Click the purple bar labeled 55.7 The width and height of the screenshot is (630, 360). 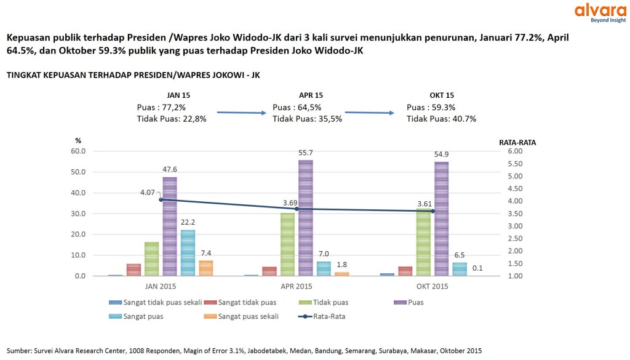click(306, 218)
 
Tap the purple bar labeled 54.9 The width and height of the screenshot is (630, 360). click(441, 219)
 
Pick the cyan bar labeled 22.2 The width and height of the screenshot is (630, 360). click(188, 253)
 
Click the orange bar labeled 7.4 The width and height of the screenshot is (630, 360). click(206, 268)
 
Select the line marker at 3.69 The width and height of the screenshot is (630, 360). click(297, 209)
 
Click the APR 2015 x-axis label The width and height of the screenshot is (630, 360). click(297, 286)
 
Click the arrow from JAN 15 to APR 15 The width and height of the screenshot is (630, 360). click(239, 113)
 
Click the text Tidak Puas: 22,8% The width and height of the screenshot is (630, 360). click(172, 119)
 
